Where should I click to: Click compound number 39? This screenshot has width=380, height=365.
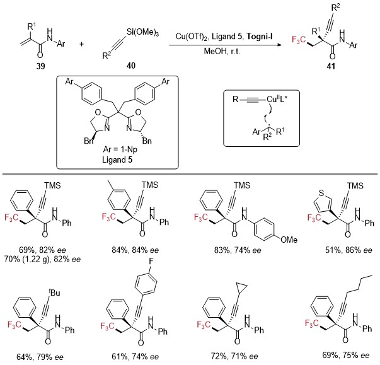pos(41,66)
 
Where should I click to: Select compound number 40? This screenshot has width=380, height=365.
pos(131,66)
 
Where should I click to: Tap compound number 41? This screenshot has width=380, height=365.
pos(331,66)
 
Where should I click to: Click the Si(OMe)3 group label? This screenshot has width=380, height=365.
pos(142,32)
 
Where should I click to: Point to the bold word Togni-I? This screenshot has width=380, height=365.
pos(260,37)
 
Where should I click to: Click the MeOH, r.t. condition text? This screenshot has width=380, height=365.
pos(222,51)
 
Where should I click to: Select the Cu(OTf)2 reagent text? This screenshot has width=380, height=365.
pos(192,37)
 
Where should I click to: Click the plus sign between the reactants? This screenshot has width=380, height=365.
pos(82,44)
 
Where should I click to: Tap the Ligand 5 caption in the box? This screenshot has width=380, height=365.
pos(117,159)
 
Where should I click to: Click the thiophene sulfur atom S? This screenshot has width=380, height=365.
pos(321,193)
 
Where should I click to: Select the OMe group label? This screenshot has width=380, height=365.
pos(289,240)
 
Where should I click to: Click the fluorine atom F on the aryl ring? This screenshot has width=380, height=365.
pos(151,262)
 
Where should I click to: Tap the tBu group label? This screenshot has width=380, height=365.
pos(54,293)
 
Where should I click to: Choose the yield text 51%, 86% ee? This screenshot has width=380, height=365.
pos(348,250)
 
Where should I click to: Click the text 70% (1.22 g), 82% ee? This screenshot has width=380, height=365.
pos(42,259)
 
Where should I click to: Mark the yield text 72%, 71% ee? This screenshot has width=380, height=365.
pos(234,356)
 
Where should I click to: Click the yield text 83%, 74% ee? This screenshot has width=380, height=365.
pos(238,250)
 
